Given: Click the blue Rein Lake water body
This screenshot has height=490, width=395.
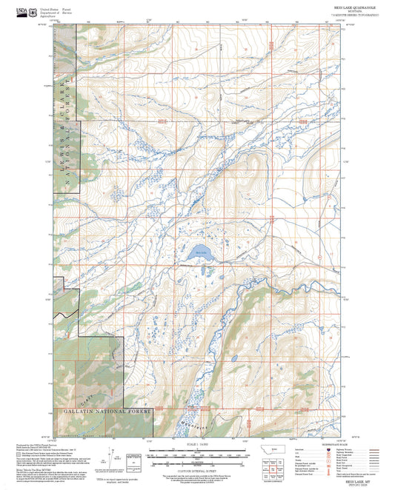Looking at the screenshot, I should [x=200, y=253].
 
